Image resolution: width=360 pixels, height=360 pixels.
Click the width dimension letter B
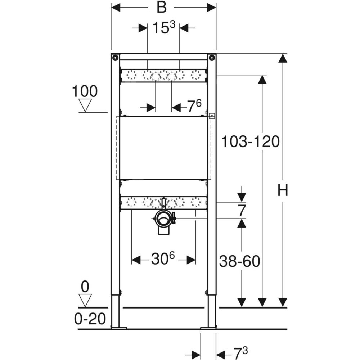click(161, 7)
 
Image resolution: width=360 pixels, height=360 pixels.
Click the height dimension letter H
click(283, 190)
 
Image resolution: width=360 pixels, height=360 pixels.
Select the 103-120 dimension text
click(250, 141)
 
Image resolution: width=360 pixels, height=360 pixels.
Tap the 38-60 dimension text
click(239, 261)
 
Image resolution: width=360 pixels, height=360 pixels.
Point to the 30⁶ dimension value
click(163, 258)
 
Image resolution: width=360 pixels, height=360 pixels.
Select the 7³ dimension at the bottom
click(240, 353)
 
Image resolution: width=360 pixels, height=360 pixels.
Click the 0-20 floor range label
click(90, 319)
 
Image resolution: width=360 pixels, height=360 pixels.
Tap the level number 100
click(85, 91)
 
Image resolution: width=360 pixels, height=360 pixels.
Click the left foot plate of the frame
click(119, 328)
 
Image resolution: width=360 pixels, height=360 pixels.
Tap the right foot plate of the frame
click(208, 328)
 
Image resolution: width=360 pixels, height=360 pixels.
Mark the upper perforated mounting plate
click(163, 75)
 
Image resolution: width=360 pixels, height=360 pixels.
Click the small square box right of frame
click(212, 116)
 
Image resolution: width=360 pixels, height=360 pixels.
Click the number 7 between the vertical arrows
click(242, 211)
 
